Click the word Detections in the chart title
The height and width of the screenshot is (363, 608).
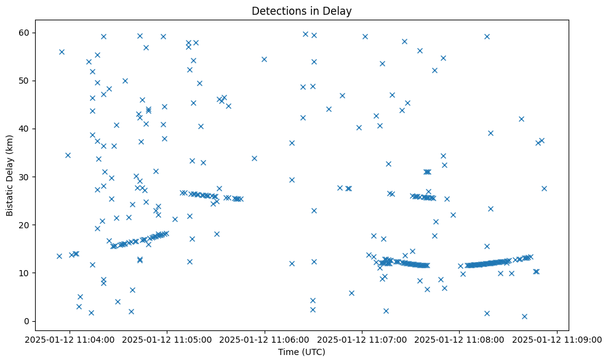coord(274,11)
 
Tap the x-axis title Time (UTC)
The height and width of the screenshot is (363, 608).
coord(302,352)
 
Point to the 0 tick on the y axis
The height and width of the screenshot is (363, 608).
coord(27,321)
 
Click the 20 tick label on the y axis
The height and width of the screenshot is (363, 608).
coord(25,225)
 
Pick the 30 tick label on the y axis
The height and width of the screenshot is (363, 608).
coord(25,177)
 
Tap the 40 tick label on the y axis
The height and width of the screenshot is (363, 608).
coord(25,129)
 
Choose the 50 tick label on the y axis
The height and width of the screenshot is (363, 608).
coord(25,81)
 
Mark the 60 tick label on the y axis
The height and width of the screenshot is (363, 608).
coord(25,33)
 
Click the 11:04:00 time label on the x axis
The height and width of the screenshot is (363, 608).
coord(70,339)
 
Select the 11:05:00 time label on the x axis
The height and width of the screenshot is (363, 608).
coord(167,339)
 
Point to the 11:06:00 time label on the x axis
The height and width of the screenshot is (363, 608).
coord(265,339)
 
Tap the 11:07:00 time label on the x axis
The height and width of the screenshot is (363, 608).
coord(362,339)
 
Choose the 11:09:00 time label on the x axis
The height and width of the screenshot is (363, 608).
coord(557,339)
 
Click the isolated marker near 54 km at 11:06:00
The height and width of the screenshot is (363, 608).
coord(264,59)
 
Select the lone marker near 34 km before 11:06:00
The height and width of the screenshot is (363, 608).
coord(254,158)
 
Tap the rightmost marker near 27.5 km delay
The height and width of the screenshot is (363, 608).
coord(544,188)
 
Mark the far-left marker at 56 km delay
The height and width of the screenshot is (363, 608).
coord(62,52)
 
